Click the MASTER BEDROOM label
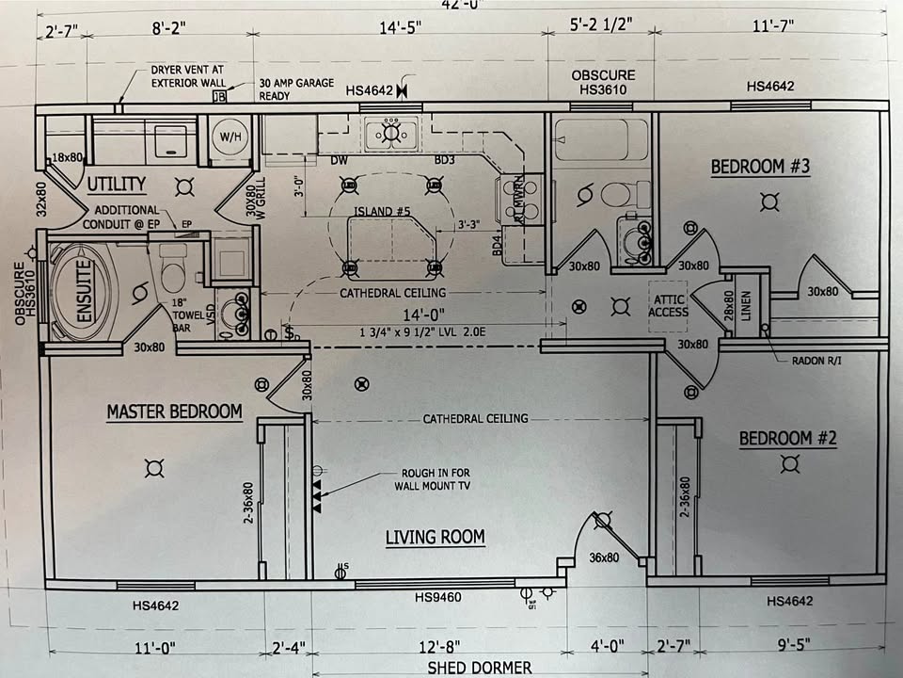click(x=174, y=412)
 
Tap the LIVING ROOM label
click(x=436, y=537)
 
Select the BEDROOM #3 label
click(x=760, y=167)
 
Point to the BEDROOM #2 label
click(x=787, y=438)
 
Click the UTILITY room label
click(x=117, y=184)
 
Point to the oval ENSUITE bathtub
click(x=79, y=282)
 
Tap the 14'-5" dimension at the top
click(x=400, y=27)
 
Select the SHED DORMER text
click(x=479, y=668)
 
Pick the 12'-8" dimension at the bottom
click(x=436, y=647)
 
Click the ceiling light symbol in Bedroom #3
click(x=770, y=201)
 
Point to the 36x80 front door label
click(x=604, y=557)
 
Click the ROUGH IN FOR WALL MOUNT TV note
click(x=432, y=479)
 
